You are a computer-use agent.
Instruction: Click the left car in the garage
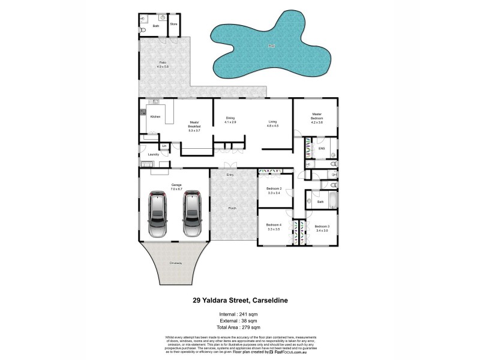158,214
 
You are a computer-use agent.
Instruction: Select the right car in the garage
193,214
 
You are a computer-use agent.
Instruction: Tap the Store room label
173,25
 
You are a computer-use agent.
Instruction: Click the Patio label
162,62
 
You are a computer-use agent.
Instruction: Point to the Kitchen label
155,116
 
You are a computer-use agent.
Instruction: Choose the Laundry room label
154,155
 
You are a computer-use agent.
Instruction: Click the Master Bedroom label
317,116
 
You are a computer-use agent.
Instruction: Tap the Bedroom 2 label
274,188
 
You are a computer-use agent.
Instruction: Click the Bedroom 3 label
321,226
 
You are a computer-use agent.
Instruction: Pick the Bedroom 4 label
274,226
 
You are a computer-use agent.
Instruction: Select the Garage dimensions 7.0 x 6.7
176,189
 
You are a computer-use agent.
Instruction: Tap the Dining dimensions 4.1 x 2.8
230,122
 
